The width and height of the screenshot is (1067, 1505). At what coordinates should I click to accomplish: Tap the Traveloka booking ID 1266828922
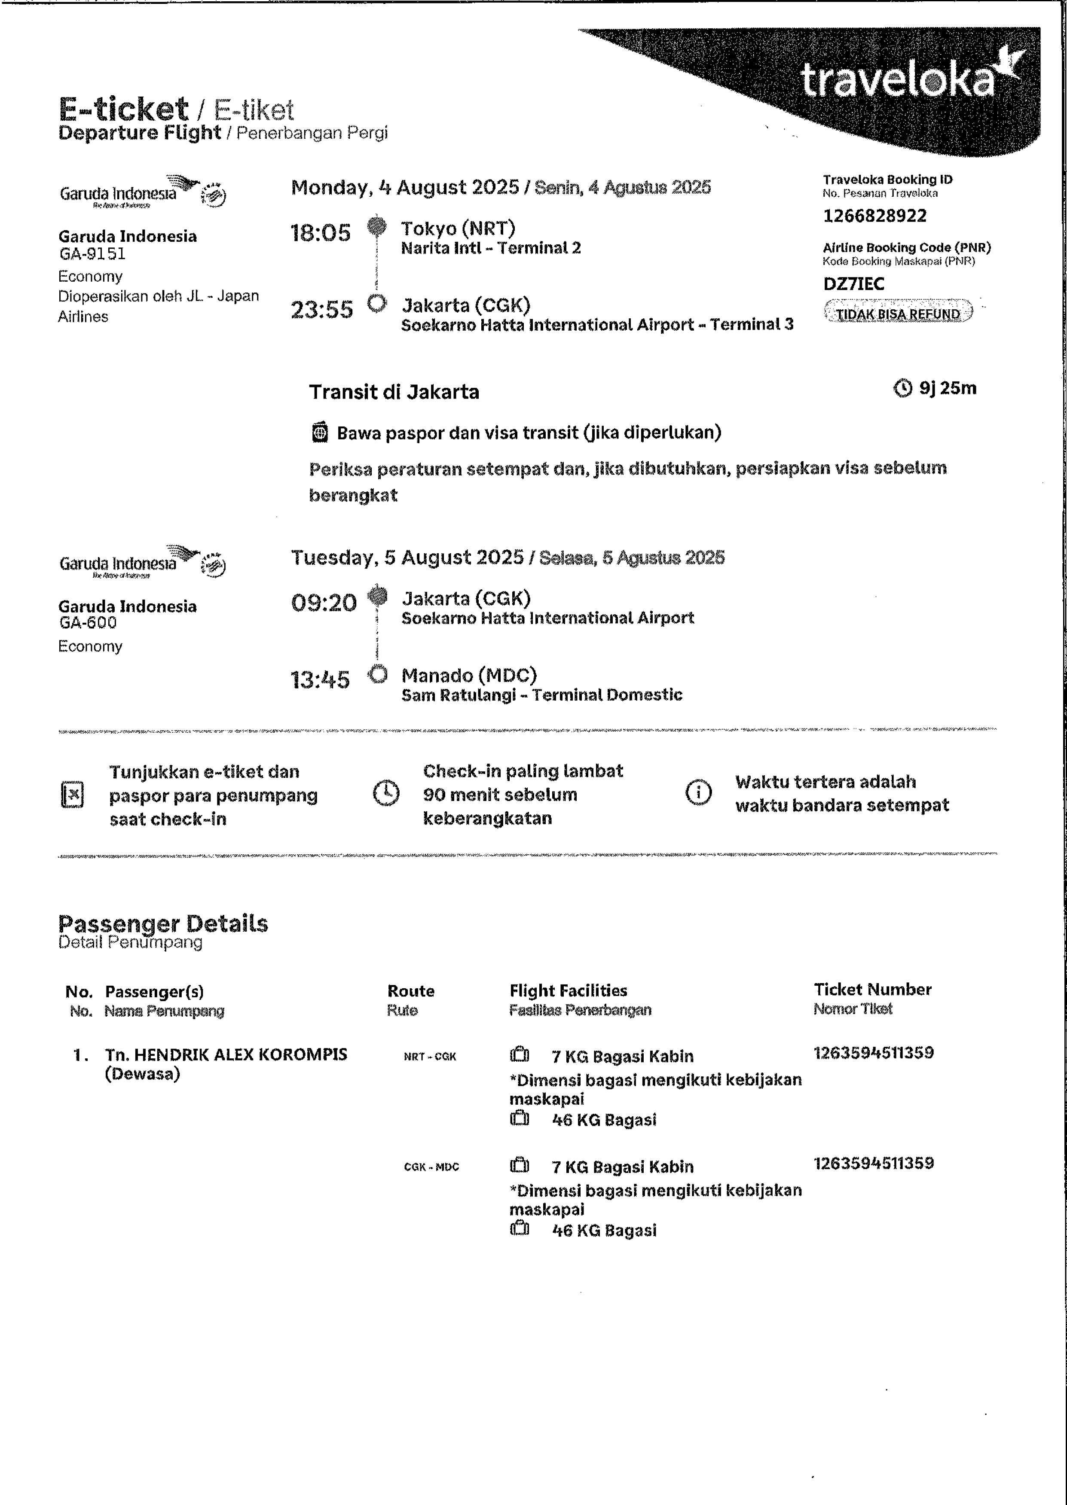(874, 216)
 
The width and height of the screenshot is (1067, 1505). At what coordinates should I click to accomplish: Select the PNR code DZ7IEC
(853, 283)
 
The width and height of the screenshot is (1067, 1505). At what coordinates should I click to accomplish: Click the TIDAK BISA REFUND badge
(898, 313)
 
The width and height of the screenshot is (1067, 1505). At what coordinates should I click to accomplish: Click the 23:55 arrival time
(321, 309)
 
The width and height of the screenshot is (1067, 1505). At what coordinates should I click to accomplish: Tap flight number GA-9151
(92, 254)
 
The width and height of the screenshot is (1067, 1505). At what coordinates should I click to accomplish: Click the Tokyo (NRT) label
(458, 228)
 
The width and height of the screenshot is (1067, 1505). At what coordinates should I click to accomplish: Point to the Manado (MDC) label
(469, 675)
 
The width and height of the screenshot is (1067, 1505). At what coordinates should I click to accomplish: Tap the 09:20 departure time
(323, 603)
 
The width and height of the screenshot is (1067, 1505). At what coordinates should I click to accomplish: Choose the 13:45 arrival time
(320, 679)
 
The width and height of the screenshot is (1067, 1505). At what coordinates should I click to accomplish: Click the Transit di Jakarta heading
(394, 392)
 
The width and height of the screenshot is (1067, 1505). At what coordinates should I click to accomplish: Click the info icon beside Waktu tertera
(698, 792)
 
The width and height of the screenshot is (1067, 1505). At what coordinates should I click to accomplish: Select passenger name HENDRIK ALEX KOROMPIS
(225, 1054)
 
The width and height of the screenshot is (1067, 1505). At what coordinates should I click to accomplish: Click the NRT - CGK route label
(430, 1057)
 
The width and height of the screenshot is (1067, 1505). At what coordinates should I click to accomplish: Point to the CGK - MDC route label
(431, 1167)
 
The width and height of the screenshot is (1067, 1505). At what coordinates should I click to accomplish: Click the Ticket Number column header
(872, 990)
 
